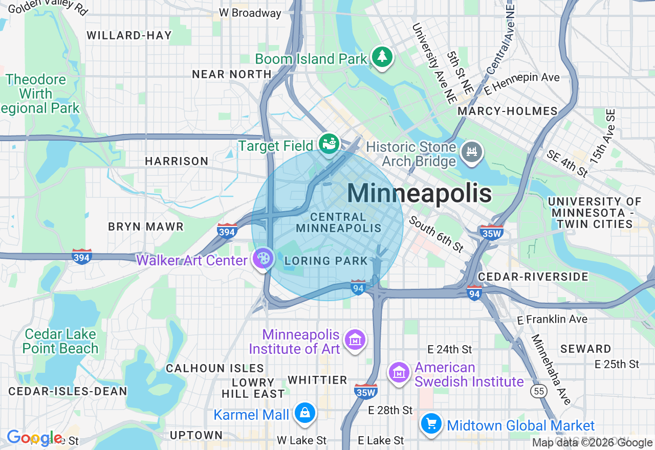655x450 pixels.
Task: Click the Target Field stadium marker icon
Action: tap(329, 144)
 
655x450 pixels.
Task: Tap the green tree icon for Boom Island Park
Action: tap(382, 57)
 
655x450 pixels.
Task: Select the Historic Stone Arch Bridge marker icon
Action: tap(471, 151)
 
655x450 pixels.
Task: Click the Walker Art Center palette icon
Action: tap(263, 258)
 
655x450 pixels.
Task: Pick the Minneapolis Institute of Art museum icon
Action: tap(355, 339)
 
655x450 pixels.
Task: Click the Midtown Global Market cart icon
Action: tap(431, 423)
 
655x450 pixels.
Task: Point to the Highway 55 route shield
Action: tap(539, 392)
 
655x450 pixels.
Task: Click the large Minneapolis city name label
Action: tap(419, 194)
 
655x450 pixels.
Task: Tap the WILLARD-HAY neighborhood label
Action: tap(129, 35)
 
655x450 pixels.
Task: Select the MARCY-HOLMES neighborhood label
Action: tap(507, 111)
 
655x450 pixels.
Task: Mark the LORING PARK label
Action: tap(326, 261)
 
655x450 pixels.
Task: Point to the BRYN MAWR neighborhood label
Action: tap(146, 227)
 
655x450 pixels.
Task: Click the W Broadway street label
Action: tap(250, 13)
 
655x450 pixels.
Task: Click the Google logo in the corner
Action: tap(34, 438)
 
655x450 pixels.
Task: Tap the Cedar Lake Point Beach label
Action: tap(60, 341)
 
